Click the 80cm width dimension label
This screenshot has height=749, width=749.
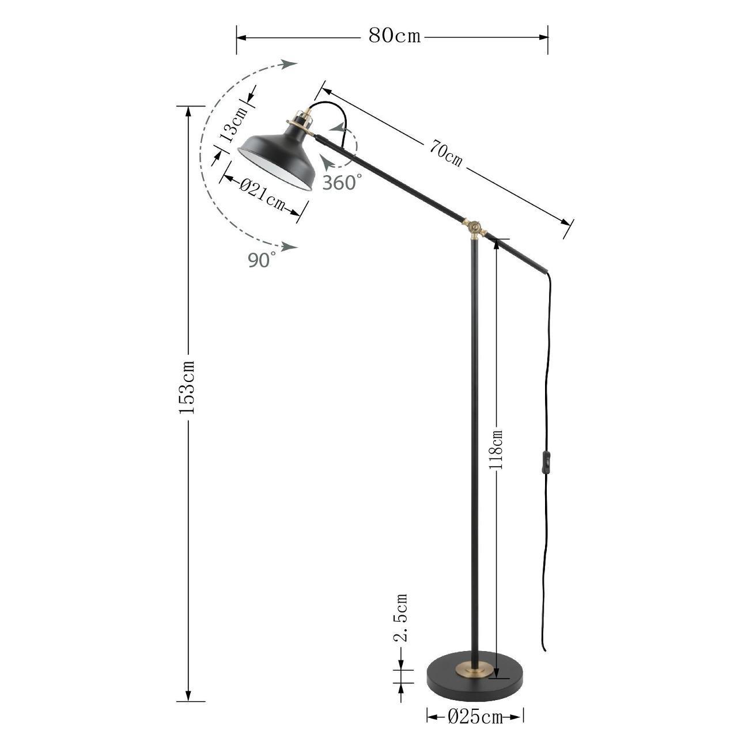click(395, 36)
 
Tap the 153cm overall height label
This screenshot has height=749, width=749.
click(186, 387)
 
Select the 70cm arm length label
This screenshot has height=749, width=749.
click(446, 153)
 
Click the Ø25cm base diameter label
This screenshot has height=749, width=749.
click(475, 727)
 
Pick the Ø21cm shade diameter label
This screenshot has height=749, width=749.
click(262, 195)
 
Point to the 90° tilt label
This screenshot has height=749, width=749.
click(262, 260)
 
